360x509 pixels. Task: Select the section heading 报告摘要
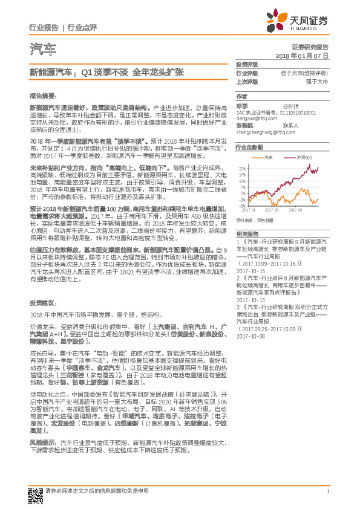pyautogui.click(x=42, y=96)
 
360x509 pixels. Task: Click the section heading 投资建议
pyautogui.click(x=42, y=302)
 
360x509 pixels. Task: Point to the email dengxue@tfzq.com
pyautogui.click(x=254, y=118)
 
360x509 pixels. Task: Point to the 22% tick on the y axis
pyautogui.click(x=242, y=168)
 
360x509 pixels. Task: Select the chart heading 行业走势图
pyautogui.click(x=249, y=147)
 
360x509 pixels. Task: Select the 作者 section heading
pyautogui.click(x=241, y=96)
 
